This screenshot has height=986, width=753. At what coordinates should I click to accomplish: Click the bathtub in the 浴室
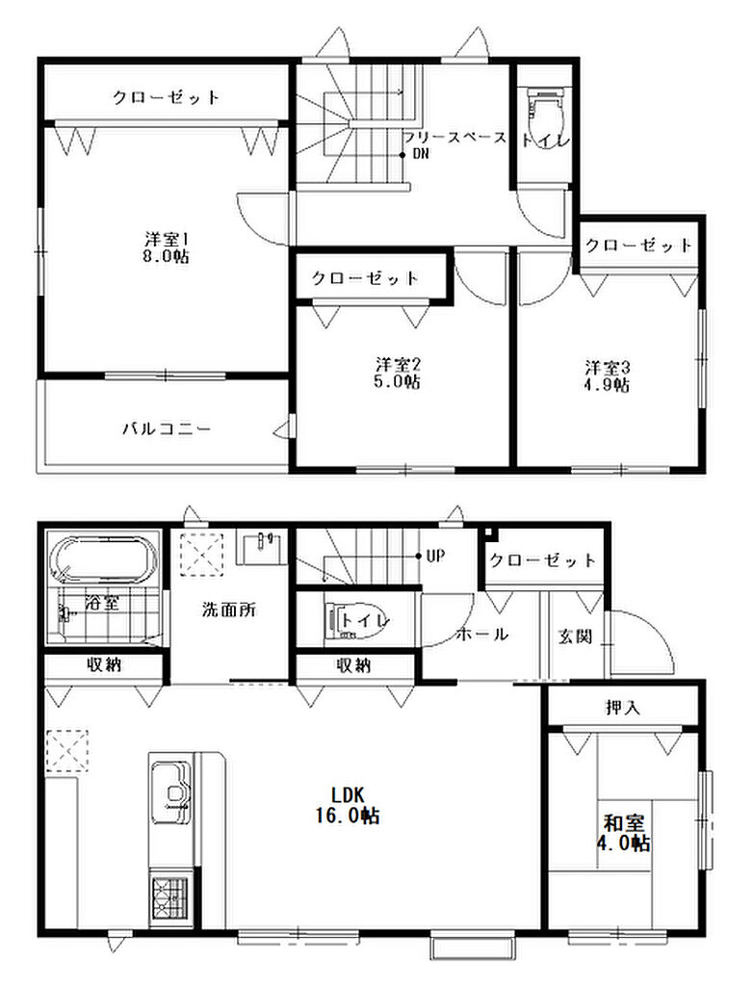tap(104, 558)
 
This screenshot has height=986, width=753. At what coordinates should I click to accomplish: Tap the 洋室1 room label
tap(167, 240)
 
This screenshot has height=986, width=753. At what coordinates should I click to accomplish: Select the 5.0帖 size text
tap(397, 381)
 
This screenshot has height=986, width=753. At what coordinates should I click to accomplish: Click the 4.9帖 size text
tap(607, 384)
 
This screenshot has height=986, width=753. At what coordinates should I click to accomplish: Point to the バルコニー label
tap(167, 429)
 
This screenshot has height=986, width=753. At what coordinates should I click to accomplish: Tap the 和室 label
tap(623, 823)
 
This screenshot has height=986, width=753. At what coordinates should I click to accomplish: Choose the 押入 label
tap(622, 708)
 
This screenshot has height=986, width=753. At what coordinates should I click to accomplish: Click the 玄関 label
tap(575, 636)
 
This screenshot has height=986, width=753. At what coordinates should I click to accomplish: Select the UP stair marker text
tap(435, 556)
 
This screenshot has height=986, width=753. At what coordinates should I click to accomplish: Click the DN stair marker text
tap(420, 153)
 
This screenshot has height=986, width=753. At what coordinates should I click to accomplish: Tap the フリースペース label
tap(454, 138)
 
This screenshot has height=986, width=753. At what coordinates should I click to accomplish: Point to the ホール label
tap(481, 635)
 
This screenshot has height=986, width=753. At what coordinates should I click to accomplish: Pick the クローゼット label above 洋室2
tap(365, 278)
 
